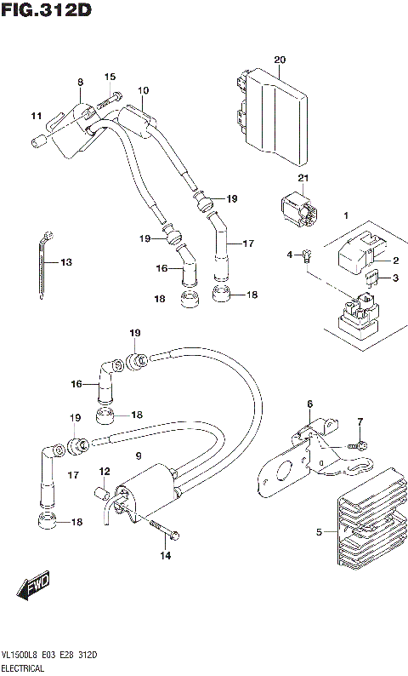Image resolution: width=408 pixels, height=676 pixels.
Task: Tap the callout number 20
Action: [280, 59]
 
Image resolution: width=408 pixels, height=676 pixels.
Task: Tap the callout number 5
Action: [320, 533]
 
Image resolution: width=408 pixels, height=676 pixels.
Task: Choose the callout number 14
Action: [165, 556]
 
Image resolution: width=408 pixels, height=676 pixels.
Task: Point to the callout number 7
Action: [360, 422]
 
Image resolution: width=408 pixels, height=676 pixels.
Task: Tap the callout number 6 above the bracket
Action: [310, 404]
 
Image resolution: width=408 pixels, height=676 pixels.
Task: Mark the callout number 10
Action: [143, 90]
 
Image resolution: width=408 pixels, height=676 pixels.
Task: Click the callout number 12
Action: [105, 471]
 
